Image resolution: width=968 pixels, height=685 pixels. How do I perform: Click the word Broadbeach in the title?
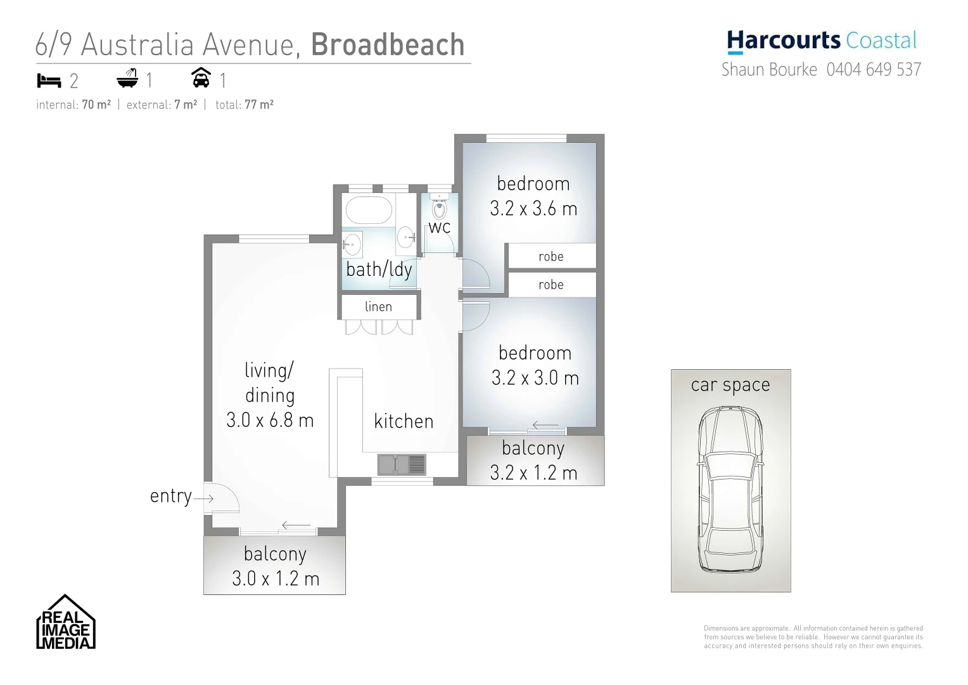click(388, 44)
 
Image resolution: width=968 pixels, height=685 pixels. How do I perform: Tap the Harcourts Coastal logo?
click(822, 41)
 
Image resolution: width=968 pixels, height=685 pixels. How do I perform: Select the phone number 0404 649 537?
click(874, 69)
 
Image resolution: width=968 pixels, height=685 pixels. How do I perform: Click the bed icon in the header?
click(49, 81)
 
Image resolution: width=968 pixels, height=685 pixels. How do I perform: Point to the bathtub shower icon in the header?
click(127, 80)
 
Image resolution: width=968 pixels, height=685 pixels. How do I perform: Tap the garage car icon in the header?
click(201, 79)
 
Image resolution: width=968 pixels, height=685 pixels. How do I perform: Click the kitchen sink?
click(402, 465)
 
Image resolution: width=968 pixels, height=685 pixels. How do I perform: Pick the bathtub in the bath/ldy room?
click(368, 209)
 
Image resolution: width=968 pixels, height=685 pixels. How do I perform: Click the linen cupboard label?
click(378, 307)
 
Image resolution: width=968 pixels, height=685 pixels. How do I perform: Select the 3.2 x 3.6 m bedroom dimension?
click(533, 209)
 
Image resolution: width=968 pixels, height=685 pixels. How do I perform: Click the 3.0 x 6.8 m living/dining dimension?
click(270, 421)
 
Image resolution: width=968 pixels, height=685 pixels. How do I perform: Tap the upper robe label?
click(551, 256)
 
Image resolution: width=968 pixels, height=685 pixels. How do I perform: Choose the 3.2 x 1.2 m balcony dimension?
click(533, 473)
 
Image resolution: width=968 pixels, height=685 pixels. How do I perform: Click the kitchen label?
click(404, 421)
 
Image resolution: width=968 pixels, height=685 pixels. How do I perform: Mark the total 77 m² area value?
click(259, 105)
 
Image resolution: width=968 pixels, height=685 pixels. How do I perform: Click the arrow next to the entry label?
click(203, 499)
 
